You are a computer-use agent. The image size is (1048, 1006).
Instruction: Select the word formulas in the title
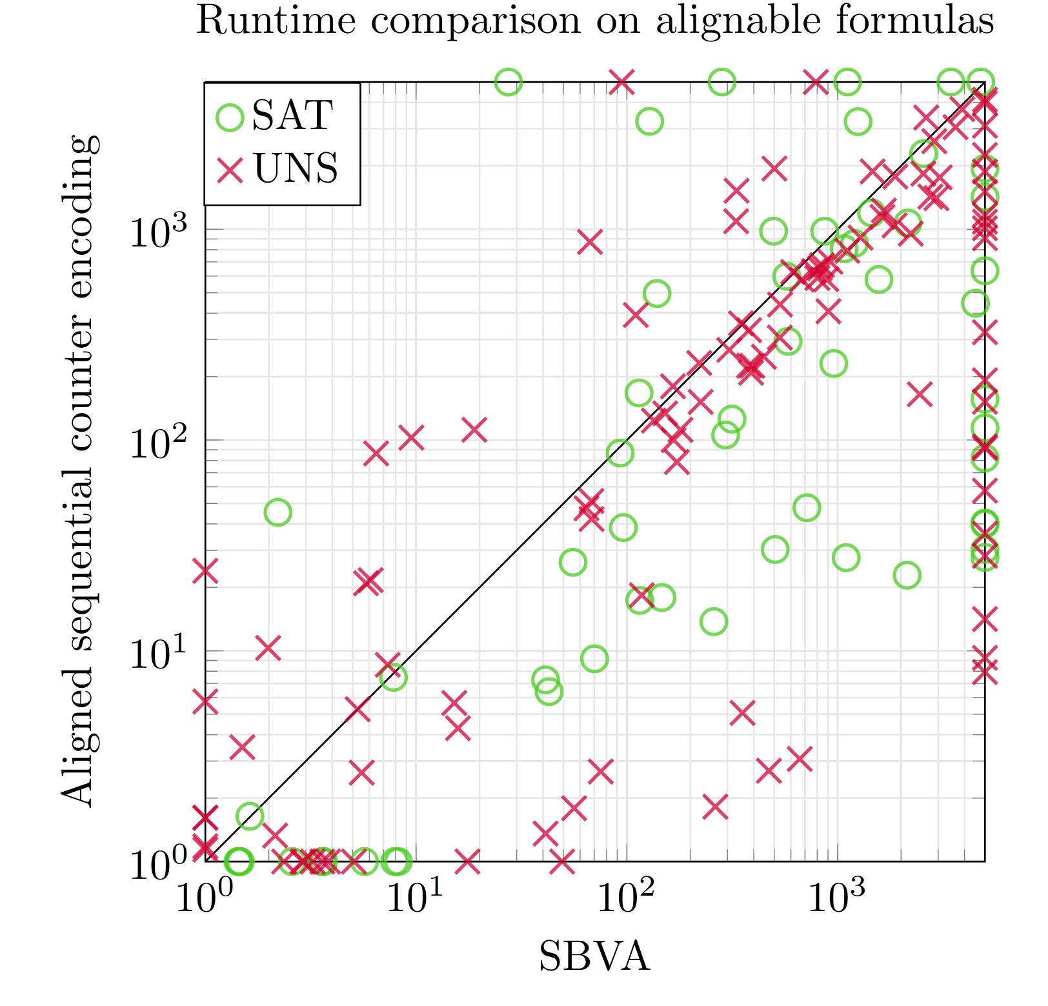pyautogui.click(x=913, y=21)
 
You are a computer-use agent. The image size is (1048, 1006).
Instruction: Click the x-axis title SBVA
pyautogui.click(x=594, y=956)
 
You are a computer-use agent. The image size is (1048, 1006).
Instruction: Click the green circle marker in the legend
pyautogui.click(x=230, y=117)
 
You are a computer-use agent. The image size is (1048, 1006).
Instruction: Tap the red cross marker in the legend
pyautogui.click(x=230, y=169)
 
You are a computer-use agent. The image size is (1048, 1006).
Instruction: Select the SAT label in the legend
pyautogui.click(x=292, y=117)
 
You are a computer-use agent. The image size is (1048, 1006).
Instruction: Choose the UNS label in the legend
pyautogui.click(x=296, y=169)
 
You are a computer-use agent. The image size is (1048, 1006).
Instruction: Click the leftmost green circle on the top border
pyautogui.click(x=508, y=82)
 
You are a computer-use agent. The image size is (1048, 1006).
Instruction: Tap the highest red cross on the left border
pyautogui.click(x=206, y=570)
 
